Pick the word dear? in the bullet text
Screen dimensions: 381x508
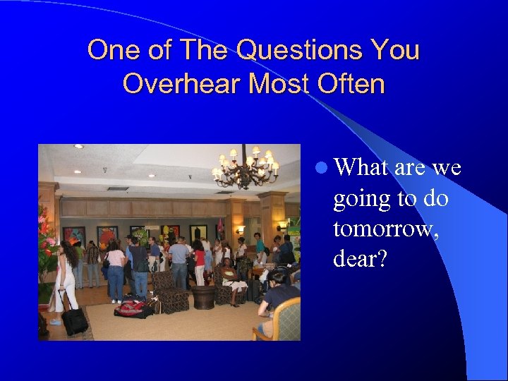[360, 259]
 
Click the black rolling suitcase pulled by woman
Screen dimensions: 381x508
[73, 320]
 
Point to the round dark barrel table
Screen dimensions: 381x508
[203, 297]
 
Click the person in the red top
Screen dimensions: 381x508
[200, 260]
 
